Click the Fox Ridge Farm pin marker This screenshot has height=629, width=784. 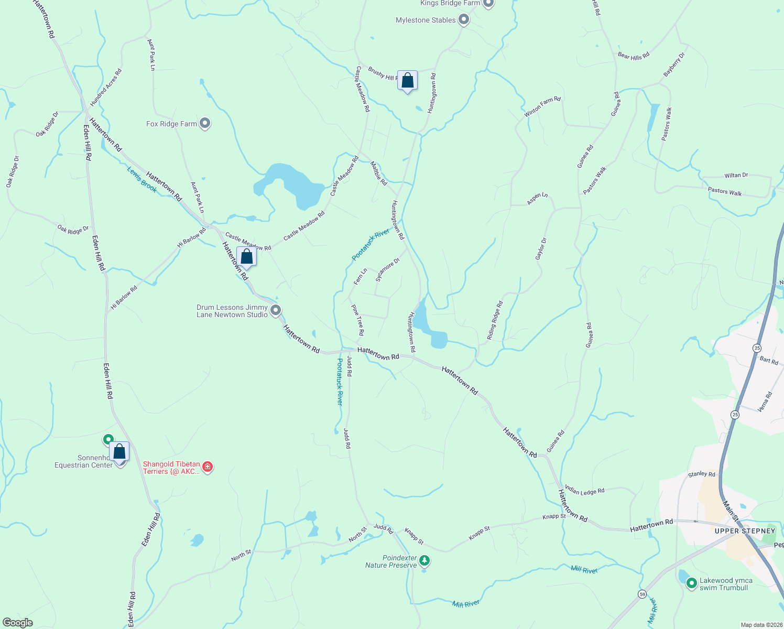205,124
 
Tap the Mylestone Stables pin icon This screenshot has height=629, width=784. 463,20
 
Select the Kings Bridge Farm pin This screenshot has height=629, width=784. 488,3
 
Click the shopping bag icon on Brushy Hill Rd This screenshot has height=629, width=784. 407,81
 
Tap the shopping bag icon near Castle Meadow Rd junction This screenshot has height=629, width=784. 246,257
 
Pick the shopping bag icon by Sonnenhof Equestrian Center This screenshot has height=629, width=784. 119,452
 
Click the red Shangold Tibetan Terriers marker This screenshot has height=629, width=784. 208,467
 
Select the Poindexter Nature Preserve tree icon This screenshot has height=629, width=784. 424,561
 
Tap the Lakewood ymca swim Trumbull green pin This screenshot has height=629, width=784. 691,583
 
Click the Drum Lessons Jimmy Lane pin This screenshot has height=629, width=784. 276,310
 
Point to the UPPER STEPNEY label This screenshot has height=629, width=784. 745,531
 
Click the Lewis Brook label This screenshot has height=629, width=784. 142,179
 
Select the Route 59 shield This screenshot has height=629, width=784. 642,594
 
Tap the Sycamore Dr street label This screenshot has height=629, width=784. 387,270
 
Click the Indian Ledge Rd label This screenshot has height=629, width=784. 584,491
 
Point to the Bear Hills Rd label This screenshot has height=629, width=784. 633,55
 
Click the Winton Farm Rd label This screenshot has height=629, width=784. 542,106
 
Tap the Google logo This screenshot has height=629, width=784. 17,623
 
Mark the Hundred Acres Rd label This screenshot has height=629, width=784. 106,87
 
